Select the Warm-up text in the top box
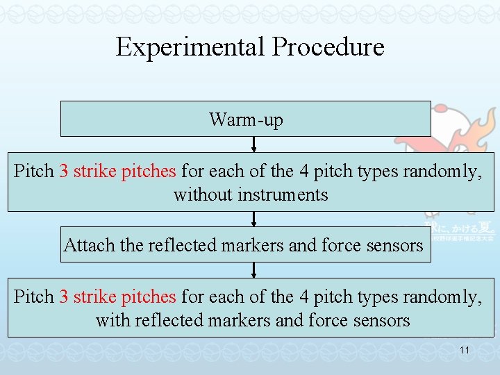point(246,119)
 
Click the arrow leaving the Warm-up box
point(254,144)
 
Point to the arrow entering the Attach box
point(254,219)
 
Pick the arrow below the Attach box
point(254,270)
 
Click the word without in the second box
point(203,194)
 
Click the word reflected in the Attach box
point(165,245)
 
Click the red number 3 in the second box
point(63,171)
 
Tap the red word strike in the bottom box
point(94,297)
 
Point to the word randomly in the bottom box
point(441,297)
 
